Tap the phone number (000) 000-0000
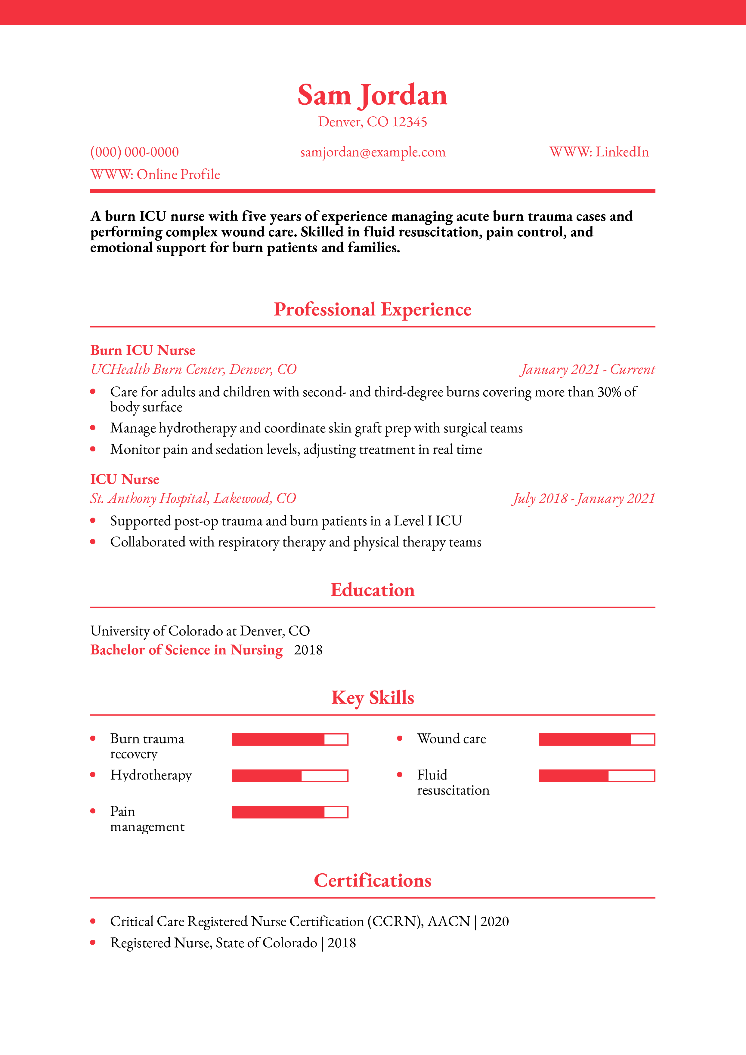click(x=134, y=152)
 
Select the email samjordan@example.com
click(x=372, y=152)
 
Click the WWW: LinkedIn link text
click(x=599, y=152)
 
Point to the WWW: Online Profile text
click(x=155, y=175)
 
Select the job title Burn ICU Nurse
click(x=142, y=351)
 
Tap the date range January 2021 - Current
click(x=587, y=369)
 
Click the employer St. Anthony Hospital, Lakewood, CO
click(x=193, y=499)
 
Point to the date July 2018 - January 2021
click(x=583, y=499)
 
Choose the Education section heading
click(x=372, y=590)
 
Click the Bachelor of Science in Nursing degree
click(x=187, y=650)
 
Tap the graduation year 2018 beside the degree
click(x=308, y=650)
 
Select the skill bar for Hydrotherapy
click(x=289, y=776)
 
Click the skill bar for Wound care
click(x=596, y=739)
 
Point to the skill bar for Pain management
click(x=289, y=812)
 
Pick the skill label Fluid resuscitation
click(x=453, y=783)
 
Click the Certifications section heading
click(x=372, y=880)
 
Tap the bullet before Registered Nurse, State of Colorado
click(x=93, y=943)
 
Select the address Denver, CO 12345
click(x=372, y=122)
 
